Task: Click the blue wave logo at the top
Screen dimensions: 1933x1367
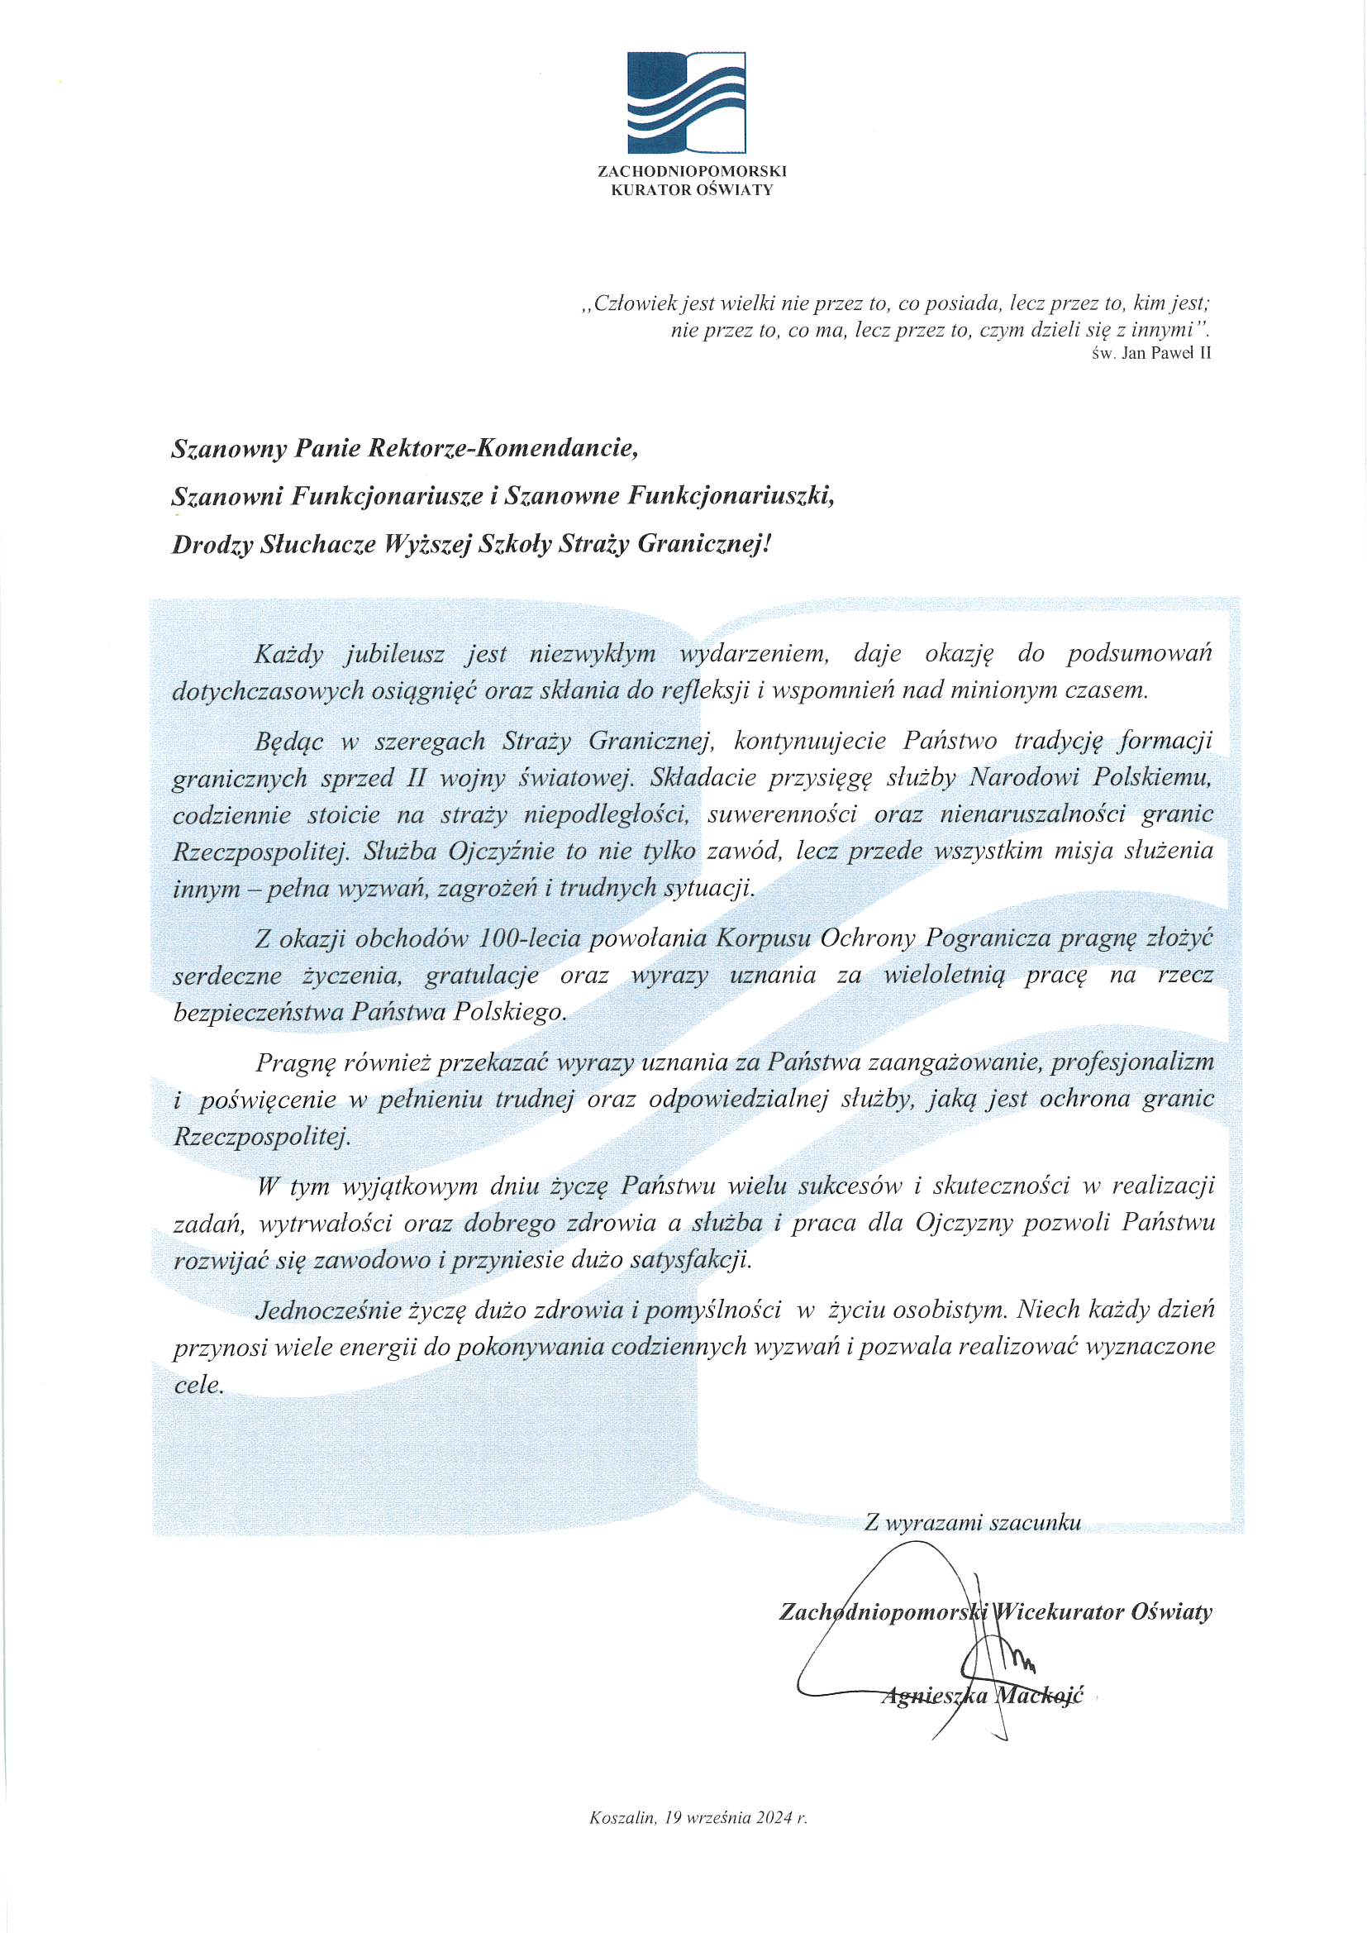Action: pos(686,102)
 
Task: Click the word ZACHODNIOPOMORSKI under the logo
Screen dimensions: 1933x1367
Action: pos(692,171)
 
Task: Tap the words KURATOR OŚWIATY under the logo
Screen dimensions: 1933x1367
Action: pos(692,189)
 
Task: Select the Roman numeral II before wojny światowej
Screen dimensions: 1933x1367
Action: pos(417,777)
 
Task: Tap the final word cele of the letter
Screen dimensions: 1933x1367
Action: pos(198,1384)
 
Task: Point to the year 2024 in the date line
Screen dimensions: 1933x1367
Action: pos(774,1817)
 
